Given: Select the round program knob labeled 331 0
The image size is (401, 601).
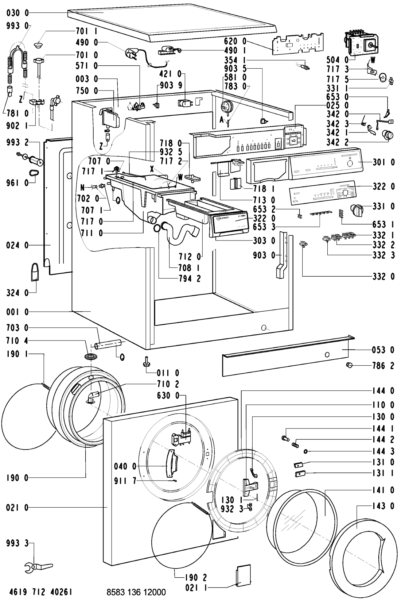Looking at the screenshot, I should pos(355,209).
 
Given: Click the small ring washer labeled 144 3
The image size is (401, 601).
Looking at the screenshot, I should pos(305,452).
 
